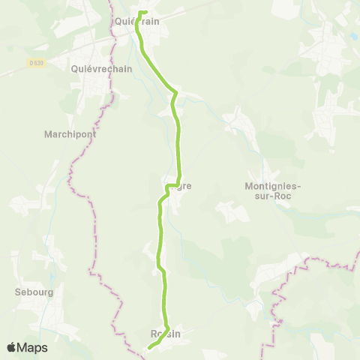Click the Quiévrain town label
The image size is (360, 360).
137,22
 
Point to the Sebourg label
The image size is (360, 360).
34,292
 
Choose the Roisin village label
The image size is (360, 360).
166,334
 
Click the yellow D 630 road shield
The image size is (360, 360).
39,63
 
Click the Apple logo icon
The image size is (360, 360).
11,347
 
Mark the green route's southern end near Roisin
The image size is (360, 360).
149,347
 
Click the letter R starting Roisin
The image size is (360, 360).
153,334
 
